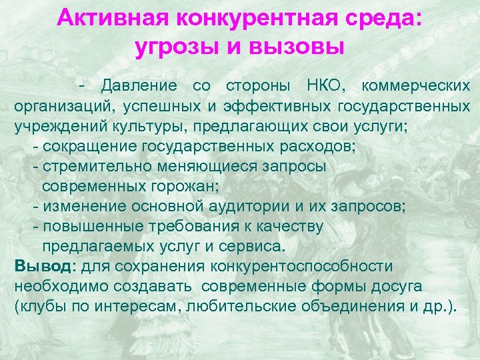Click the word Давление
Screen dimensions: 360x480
pos(139,86)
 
